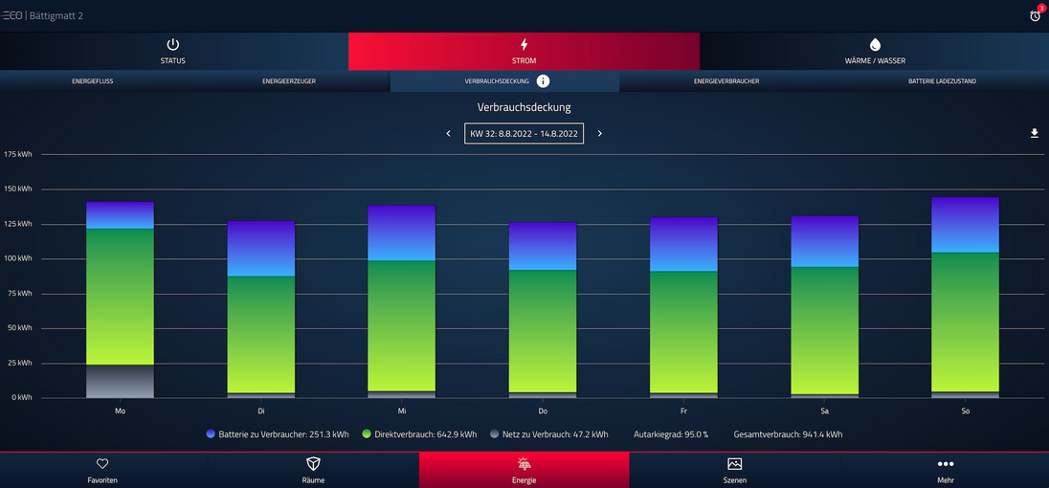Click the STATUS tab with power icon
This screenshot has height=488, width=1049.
(x=173, y=52)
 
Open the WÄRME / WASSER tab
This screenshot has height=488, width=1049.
(x=874, y=52)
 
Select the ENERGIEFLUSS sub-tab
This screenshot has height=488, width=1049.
(x=93, y=81)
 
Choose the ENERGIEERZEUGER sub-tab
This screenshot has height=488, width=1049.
(x=289, y=81)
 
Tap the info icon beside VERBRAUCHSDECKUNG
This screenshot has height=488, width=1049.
(x=543, y=81)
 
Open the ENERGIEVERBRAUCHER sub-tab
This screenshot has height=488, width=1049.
(x=726, y=81)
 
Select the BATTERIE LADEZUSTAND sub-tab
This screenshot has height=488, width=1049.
(x=942, y=81)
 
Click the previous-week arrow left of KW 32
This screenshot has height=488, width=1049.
(x=449, y=134)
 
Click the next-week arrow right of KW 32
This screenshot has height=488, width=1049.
(x=600, y=134)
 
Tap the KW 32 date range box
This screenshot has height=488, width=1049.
(x=524, y=134)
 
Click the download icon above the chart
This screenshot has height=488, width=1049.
(x=1034, y=134)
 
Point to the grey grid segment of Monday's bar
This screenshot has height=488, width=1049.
(x=120, y=381)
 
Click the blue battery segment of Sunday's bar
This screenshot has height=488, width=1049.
(x=965, y=225)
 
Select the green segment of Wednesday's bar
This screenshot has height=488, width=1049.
(x=402, y=325)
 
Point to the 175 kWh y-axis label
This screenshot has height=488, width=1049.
(x=18, y=154)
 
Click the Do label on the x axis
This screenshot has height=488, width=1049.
(x=543, y=410)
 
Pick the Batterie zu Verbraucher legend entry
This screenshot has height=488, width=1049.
(x=278, y=434)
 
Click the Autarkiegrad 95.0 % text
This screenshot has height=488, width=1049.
(x=671, y=434)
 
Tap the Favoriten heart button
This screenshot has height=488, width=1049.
(x=102, y=470)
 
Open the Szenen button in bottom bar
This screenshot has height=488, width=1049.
(x=734, y=470)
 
